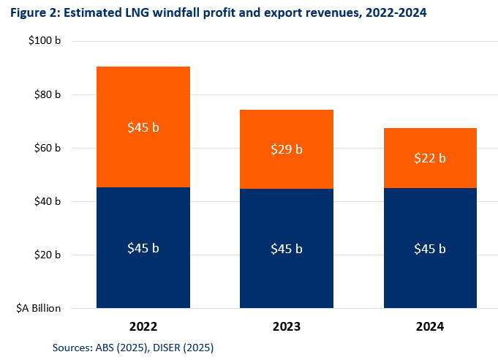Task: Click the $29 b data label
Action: (x=287, y=150)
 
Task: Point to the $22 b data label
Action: (x=430, y=158)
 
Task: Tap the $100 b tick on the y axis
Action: (x=44, y=41)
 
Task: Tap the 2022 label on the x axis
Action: (x=143, y=326)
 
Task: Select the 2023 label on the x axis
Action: (x=287, y=326)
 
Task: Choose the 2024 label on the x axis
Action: (x=430, y=326)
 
